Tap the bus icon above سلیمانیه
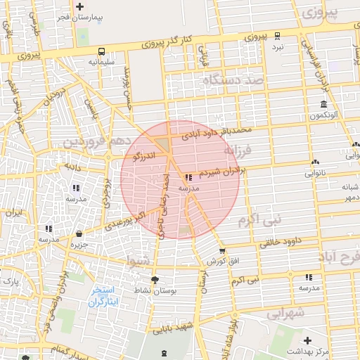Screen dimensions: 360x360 coord(103,51)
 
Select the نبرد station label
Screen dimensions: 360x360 coord(278,46)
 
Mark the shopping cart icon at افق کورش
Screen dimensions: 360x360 coord(223,251)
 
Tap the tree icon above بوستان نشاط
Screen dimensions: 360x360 coord(155,280)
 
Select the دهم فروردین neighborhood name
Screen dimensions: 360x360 coord(97,143)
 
